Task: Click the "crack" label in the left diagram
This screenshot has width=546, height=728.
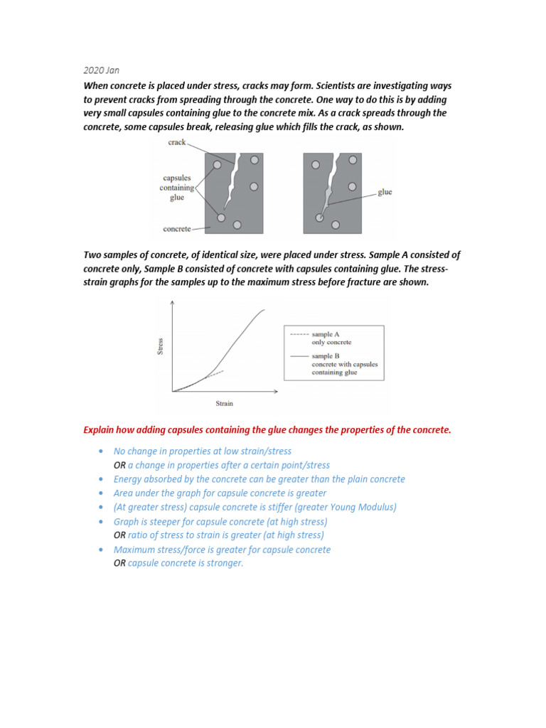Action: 177,142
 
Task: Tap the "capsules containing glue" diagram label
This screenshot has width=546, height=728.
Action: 177,188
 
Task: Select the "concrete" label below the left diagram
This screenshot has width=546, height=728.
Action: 177,229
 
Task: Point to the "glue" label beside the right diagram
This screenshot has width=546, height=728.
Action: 385,192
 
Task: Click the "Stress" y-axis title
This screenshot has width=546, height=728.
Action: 161,347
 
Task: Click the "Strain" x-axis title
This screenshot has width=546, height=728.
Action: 224,404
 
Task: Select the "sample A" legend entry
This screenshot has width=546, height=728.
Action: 326,333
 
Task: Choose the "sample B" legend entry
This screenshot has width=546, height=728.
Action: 326,355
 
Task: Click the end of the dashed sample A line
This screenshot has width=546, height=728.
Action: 224,370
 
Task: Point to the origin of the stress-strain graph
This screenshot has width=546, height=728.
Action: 172,391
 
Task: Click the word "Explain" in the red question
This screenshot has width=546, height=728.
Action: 100,430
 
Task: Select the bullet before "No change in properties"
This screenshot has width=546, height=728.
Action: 102,451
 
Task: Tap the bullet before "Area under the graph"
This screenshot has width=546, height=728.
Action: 102,493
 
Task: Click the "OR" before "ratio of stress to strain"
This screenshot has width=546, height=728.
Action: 119,535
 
